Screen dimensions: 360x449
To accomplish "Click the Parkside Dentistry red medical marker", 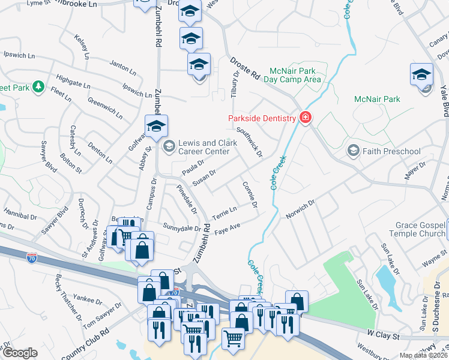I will [x=306, y=118].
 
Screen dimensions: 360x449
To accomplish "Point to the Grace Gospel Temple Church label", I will [x=420, y=230].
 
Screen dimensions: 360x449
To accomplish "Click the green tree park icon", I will [x=39, y=87].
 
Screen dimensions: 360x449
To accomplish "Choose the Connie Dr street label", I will [x=250, y=196].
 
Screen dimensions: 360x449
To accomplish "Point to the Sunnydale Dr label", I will [x=182, y=228].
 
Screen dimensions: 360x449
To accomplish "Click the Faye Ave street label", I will [x=228, y=228].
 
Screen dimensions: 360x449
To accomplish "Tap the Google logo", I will [x=20, y=353].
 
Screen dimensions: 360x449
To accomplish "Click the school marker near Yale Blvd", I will [x=421, y=74].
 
